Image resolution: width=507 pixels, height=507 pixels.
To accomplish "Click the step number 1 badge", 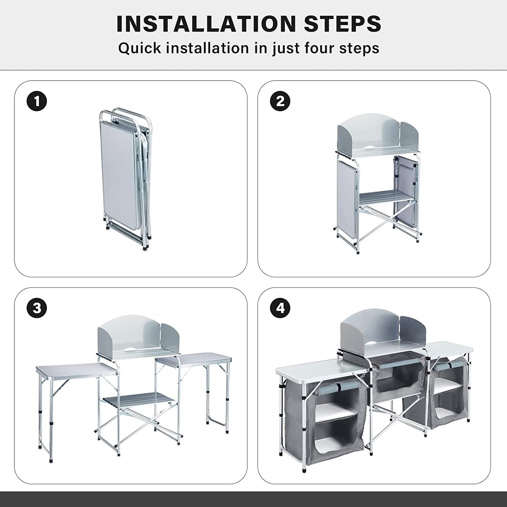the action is point(37,101).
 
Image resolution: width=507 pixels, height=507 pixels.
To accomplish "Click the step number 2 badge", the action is point(280,101).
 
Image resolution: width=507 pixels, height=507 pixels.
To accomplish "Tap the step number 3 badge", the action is point(37,308).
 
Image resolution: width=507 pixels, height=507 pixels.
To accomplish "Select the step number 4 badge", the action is point(280,308).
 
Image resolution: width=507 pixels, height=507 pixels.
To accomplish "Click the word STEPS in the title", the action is point(342,24).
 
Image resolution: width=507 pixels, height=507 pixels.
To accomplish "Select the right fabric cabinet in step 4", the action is point(448,389).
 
